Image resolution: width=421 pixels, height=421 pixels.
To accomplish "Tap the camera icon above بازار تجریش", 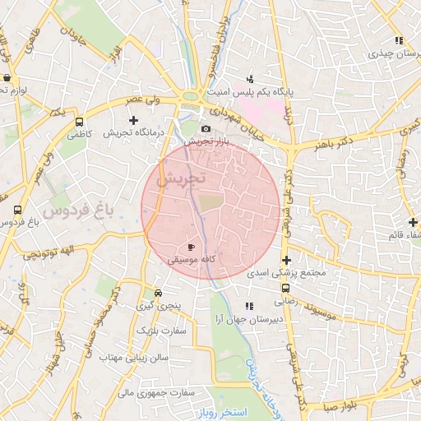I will (206, 128).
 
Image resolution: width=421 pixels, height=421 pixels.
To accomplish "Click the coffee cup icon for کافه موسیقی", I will (192, 246).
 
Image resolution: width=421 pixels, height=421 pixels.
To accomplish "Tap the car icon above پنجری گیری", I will (157, 293).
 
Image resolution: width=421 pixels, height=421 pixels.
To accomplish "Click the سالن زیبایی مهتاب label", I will (134, 359).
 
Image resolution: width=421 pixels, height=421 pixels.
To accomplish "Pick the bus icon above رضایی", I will (285, 289).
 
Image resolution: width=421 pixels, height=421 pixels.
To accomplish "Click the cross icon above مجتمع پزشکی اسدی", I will (286, 260).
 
